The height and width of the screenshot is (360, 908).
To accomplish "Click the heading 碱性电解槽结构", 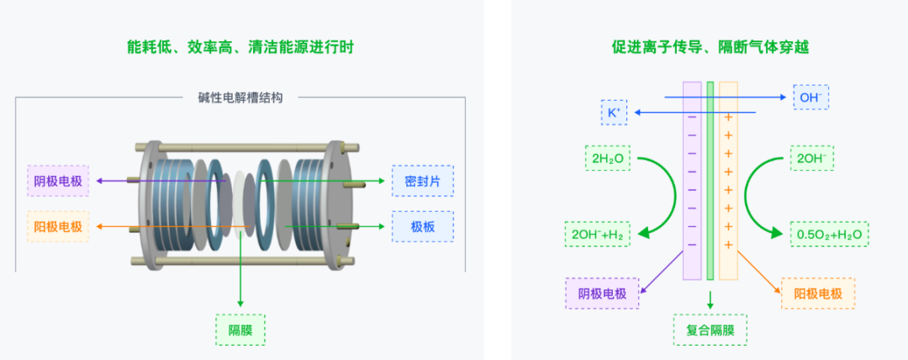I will point(240,98).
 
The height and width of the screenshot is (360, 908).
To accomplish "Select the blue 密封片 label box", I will point(423,181).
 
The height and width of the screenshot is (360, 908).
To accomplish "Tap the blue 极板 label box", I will point(423,227).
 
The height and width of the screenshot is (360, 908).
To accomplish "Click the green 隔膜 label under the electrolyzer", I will point(240,329).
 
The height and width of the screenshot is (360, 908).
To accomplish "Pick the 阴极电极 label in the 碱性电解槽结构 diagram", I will point(58,181).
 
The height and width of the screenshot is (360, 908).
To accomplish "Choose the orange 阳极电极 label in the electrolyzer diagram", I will point(58,226).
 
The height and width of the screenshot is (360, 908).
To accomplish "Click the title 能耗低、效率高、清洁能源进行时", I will point(240,47).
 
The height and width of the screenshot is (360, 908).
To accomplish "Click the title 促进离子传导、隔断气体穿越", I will point(710,47).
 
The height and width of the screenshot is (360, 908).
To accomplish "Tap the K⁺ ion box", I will point(614,112).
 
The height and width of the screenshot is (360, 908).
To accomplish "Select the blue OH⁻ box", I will point(810,98).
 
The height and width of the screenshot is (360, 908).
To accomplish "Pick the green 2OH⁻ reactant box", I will point(810,157).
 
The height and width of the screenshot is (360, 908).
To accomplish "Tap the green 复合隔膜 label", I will point(710,329).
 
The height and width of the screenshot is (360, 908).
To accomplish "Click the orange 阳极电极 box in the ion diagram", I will point(818,294).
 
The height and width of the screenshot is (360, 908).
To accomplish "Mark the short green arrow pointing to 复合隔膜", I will point(710,299).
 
